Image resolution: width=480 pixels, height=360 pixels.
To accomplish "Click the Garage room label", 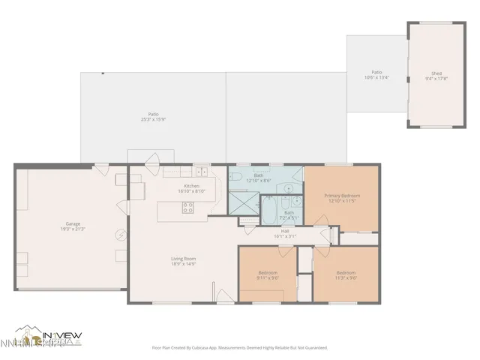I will click(x=73, y=223).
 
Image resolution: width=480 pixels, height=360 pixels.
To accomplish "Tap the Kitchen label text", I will click(x=191, y=186).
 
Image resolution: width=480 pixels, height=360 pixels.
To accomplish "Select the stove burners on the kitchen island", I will click(x=188, y=208).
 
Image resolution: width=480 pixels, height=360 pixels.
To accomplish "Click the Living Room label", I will click(x=183, y=259).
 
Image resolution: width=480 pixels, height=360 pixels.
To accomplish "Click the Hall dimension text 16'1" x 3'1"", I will click(x=286, y=236).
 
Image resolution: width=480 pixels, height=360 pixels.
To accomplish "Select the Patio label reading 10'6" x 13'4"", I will click(x=376, y=76).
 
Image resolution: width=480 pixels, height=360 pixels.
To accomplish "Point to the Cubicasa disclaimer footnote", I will click(x=239, y=347).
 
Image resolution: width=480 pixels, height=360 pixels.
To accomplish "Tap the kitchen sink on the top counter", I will click(x=200, y=172).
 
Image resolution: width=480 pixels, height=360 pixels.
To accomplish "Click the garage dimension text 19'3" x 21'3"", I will click(x=73, y=229).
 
